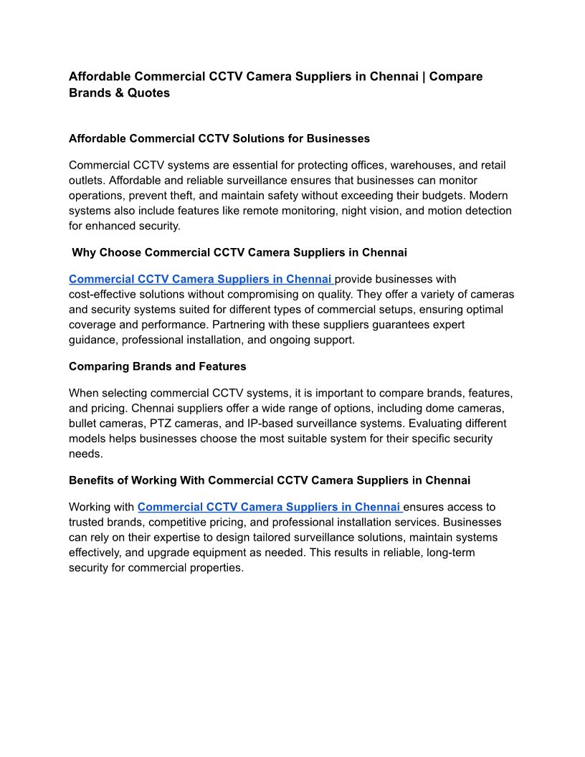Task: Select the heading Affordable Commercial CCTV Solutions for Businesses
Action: pos(219,138)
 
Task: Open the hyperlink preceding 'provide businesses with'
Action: pos(201,280)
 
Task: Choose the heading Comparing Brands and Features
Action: pos(157,366)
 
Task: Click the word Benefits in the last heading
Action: pos(91,480)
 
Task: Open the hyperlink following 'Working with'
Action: pos(270,508)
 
